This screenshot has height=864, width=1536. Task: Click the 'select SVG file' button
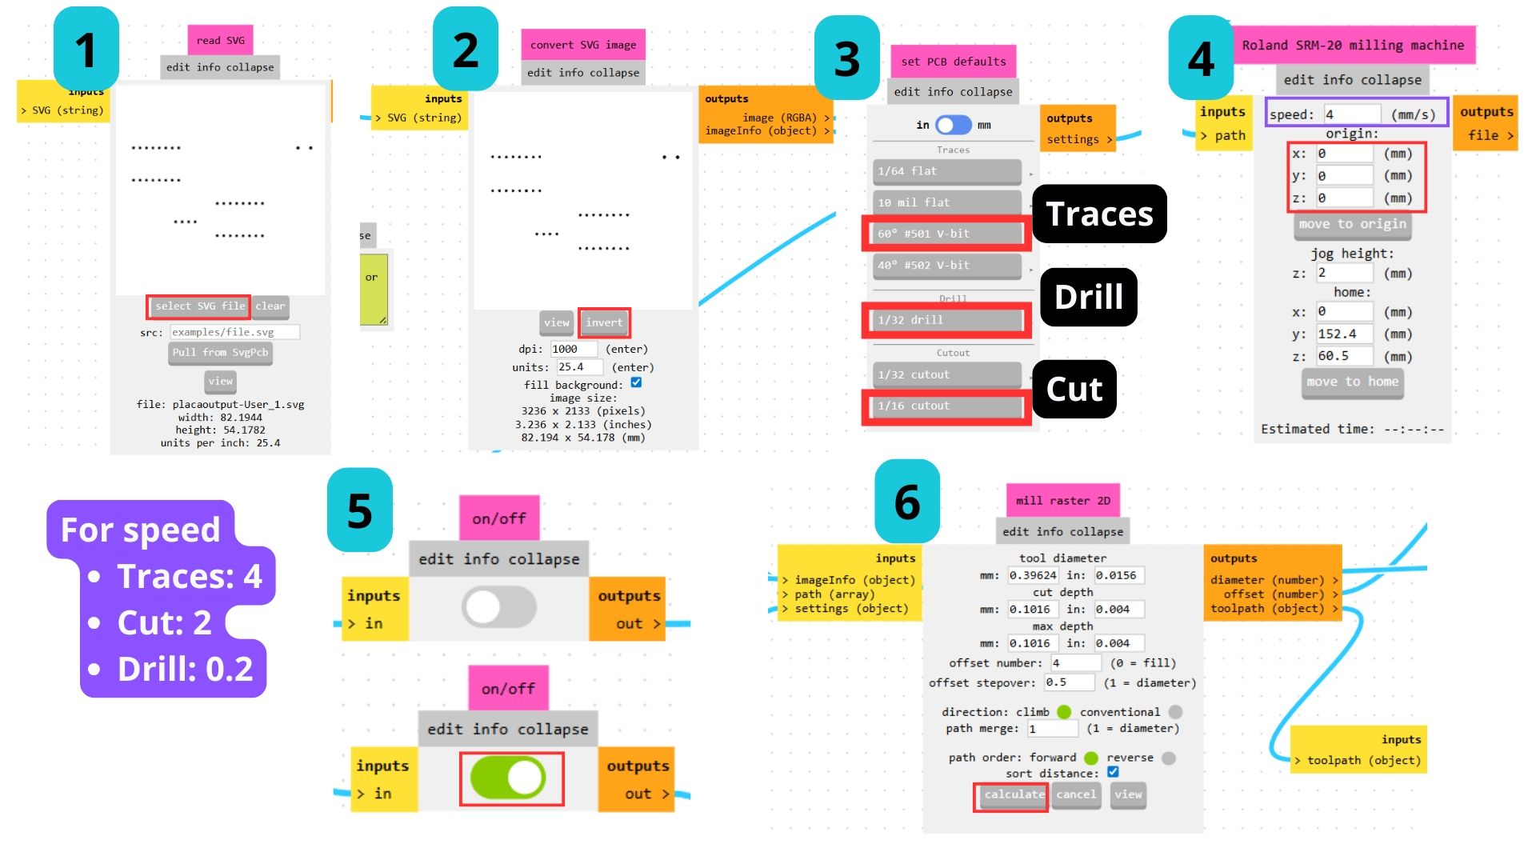pos(199,306)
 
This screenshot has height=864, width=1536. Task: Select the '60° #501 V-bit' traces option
pos(946,234)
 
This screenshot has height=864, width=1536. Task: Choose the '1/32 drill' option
pos(946,320)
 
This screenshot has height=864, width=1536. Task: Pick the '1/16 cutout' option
pos(946,406)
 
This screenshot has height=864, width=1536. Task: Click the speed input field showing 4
pos(1351,114)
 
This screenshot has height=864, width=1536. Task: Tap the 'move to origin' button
pos(1352,225)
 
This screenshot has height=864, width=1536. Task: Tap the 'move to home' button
pos(1352,382)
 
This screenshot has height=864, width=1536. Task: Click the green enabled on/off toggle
pos(509,778)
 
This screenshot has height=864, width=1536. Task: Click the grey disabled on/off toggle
pos(498,607)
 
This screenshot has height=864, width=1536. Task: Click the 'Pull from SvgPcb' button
pos(220,353)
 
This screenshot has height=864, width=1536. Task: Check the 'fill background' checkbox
pos(636,382)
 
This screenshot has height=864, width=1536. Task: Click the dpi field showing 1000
pos(574,349)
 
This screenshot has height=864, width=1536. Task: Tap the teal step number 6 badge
pos(907,502)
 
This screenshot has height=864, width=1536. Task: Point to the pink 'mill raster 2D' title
pos(1062,501)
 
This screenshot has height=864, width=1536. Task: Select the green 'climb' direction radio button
pos(1064,712)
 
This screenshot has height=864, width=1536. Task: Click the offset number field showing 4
pos(1075,663)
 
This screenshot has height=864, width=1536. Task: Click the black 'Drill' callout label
pos(1088,297)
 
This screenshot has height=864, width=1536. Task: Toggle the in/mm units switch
pos(954,125)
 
